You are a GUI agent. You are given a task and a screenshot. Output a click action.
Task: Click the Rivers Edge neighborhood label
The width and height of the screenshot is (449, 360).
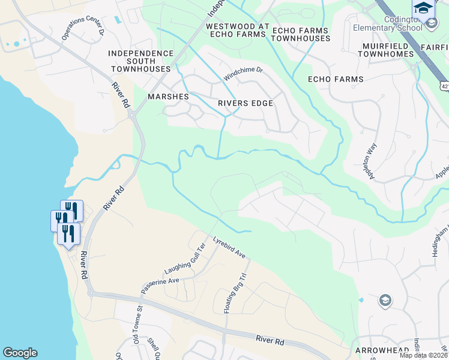coord(246,103)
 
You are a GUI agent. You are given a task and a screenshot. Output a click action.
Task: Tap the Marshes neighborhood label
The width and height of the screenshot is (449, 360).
coord(169,97)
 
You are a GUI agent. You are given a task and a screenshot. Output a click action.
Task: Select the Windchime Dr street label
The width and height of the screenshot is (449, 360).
coord(243,74)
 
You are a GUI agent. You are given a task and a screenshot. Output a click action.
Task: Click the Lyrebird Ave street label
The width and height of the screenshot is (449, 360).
coord(229,247)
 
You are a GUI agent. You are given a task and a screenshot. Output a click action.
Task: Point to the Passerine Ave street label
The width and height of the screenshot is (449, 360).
coord(160,284)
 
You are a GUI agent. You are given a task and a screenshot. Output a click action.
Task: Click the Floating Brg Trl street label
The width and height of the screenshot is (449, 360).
coord(236,293)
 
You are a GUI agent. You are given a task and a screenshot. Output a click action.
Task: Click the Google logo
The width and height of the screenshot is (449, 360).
coord(20,353)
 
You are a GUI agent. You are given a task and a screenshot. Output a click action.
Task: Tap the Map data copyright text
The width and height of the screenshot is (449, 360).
coord(424,355)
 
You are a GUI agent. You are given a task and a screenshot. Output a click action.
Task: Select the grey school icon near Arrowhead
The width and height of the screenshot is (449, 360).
coord(385,301)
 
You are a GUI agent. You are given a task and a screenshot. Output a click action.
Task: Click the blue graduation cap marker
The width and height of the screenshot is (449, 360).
coord(423,8)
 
